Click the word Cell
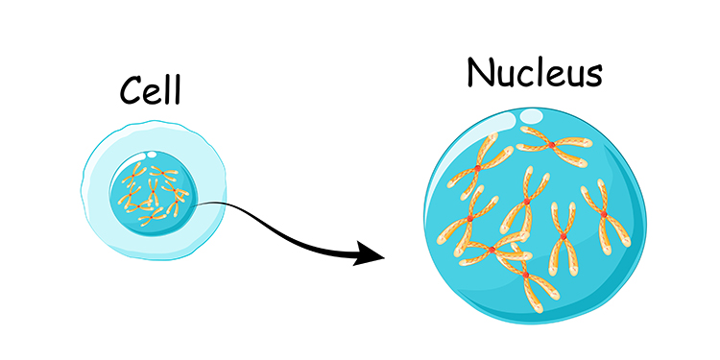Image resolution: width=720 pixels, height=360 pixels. point(151,90)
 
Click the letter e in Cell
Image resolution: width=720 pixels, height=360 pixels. point(154,93)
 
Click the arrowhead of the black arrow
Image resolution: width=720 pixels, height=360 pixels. point(369,255)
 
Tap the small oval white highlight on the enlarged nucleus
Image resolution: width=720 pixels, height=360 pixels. point(531,116)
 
